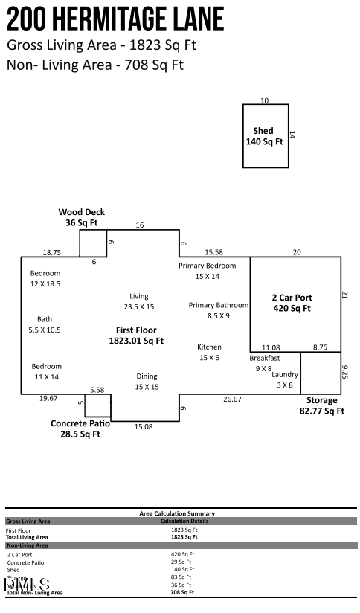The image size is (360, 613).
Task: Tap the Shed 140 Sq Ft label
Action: coord(264,136)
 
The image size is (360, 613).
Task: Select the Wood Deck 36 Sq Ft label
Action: coord(81,217)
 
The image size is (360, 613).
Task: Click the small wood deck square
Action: coord(93,243)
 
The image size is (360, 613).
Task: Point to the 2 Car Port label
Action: coord(291,302)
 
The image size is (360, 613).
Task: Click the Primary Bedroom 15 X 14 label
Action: coord(207,271)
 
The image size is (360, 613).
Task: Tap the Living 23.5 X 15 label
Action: coord(139,301)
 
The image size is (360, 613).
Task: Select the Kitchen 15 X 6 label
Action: coord(209,353)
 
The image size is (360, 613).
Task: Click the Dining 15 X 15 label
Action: coord(147,382)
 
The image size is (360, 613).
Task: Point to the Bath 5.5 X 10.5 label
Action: coord(45,324)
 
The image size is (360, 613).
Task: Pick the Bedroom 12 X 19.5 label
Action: coord(45,278)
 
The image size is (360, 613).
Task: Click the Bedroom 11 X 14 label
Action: coord(46,371)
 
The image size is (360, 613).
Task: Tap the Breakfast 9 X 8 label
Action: coord(264,363)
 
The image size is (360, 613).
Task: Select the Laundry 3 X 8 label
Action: coord(285,379)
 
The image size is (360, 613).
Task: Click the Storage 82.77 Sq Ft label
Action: coord(321,405)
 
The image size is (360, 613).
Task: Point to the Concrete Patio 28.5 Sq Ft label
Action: coord(80,429)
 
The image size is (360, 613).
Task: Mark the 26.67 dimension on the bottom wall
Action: coord(232,399)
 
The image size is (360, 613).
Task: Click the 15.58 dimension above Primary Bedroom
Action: coord(213,253)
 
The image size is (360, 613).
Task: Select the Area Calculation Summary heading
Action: coord(177,513)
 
